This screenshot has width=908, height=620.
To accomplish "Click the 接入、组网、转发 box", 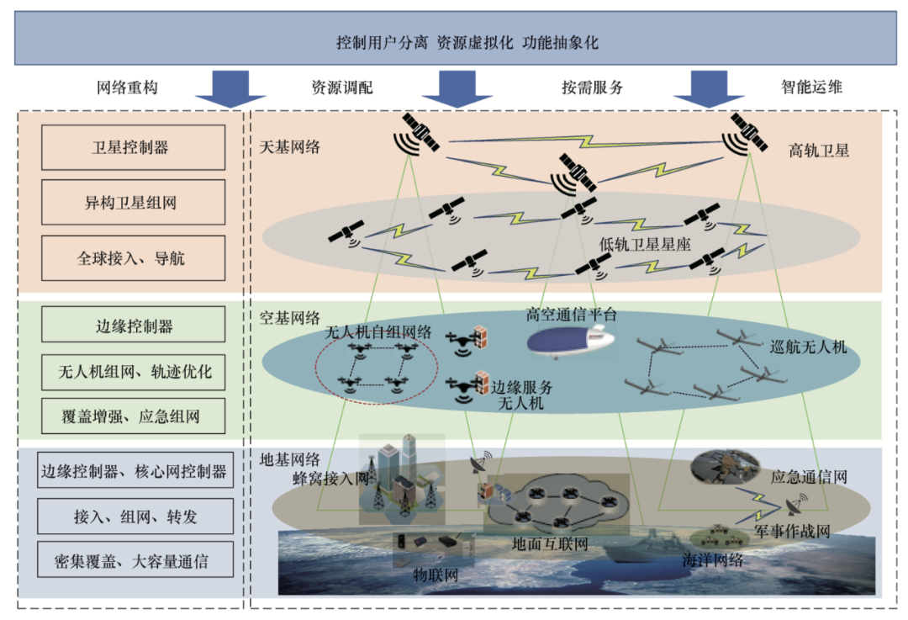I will pyautogui.click(x=135, y=517).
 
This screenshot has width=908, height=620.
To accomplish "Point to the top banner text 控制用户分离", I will pyautogui.click(x=383, y=43).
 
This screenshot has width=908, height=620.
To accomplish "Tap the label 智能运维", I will pyautogui.click(x=811, y=87).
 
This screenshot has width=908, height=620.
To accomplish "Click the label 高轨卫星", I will pyautogui.click(x=819, y=151).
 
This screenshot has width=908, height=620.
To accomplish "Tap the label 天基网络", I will pyautogui.click(x=290, y=147).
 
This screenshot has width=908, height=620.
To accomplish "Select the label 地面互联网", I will pyautogui.click(x=550, y=544).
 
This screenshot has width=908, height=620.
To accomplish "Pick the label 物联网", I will pyautogui.click(x=434, y=575).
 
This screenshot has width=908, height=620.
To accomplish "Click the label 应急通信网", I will pyautogui.click(x=809, y=477).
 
